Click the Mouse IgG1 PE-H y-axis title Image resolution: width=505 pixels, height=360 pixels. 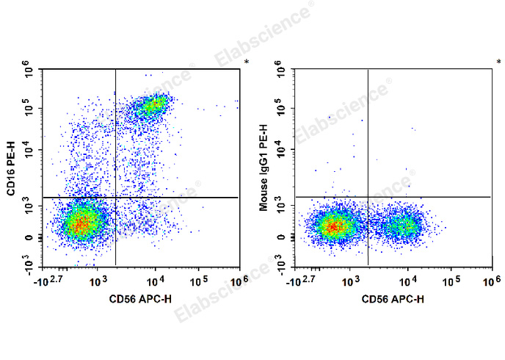[x=264, y=168]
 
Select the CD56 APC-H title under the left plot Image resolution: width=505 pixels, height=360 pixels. [x=140, y=299]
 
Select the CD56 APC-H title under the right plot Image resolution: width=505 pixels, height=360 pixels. [x=392, y=299]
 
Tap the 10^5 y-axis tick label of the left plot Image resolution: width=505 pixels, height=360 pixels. [x=29, y=109]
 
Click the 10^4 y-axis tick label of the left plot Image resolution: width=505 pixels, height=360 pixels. [x=29, y=151]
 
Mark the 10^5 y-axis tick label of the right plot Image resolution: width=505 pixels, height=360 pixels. [x=281, y=109]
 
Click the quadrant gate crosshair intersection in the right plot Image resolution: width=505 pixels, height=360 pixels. [x=368, y=197]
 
